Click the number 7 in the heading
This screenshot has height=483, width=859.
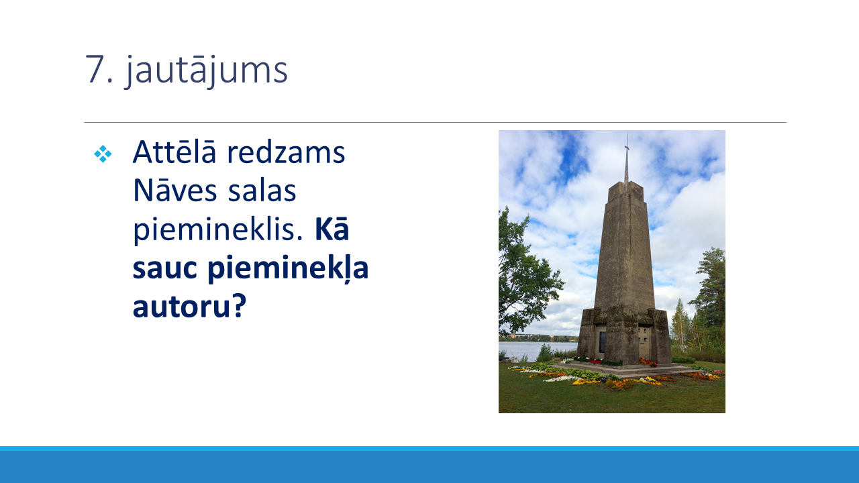coord(95,69)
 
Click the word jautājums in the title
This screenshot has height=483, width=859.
coord(206,70)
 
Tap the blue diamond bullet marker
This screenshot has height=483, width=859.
coord(103,154)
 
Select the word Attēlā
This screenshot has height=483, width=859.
coord(174,152)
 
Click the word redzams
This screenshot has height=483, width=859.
coord(286,152)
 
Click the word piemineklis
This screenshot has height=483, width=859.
coord(218,230)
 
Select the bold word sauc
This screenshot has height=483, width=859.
coord(165,268)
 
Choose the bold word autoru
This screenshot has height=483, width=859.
coord(181,307)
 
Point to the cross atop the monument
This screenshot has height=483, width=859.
coord(627,161)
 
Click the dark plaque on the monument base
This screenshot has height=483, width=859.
coord(603,342)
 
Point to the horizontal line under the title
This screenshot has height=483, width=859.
coord(436,122)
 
